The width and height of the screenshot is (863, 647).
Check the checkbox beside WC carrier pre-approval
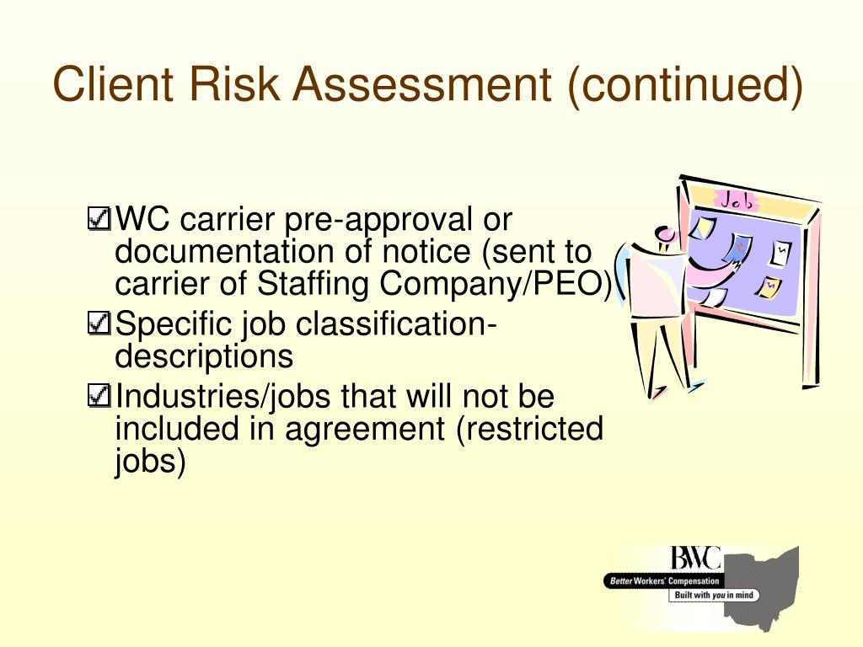point(99,221)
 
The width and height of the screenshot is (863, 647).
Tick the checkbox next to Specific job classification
point(99,323)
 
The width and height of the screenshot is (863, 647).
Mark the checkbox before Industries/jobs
point(99,395)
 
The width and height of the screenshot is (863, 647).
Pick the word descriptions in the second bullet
point(204,356)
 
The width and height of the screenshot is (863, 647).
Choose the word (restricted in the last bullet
point(530,429)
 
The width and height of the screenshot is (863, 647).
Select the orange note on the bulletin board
point(768,289)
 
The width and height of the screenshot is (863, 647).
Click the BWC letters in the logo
point(695,558)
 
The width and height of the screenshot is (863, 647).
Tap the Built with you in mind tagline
point(713,595)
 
